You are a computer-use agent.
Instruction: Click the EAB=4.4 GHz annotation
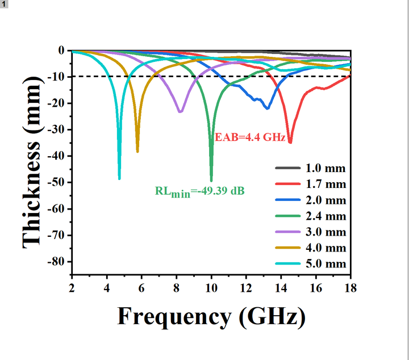[x=249, y=137]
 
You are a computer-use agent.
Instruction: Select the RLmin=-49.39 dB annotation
[x=200, y=191]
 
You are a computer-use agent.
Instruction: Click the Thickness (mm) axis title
[x=32, y=161]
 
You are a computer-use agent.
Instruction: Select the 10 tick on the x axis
[x=211, y=288]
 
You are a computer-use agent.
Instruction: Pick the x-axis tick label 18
[x=350, y=288]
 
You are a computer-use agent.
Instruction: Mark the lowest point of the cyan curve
[x=119, y=179]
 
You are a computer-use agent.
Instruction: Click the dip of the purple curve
[x=180, y=112]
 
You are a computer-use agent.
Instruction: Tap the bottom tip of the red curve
[x=290, y=143]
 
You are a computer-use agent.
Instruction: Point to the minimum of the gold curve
[x=137, y=152]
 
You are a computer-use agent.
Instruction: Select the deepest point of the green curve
[x=211, y=181]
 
